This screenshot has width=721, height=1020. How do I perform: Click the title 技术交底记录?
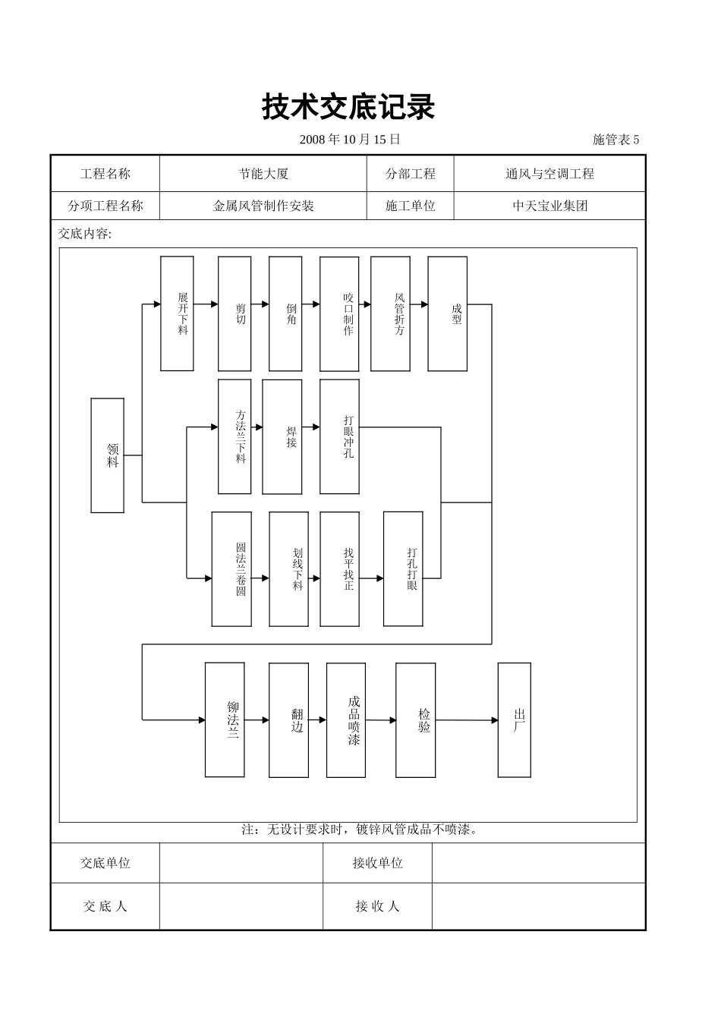point(348,107)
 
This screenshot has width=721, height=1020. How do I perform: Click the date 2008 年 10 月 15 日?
point(350,140)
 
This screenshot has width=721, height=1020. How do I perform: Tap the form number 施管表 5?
point(616,140)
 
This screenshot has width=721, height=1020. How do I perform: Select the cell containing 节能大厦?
point(263,174)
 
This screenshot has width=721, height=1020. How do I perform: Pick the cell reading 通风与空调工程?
point(549,174)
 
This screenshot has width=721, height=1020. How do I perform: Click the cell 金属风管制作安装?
point(263,206)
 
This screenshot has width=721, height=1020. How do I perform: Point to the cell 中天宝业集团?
point(549,206)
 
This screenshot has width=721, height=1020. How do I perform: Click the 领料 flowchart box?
point(108,455)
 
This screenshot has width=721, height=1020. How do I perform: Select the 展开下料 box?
point(177,313)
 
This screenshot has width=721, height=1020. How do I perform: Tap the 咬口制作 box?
point(339,313)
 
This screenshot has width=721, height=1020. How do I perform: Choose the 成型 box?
point(448,313)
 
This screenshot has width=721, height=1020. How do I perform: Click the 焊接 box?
point(282,437)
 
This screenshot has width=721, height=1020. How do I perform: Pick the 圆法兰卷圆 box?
point(231,569)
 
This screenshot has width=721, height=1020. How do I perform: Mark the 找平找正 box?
point(339,569)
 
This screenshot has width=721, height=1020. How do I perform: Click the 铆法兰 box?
point(225,719)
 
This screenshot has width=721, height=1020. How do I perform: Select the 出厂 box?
point(515,719)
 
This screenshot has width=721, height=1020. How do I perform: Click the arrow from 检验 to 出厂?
point(467,720)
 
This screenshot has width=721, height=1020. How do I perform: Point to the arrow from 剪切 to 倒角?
point(260,304)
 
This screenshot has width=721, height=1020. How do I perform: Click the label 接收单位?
point(377,863)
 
